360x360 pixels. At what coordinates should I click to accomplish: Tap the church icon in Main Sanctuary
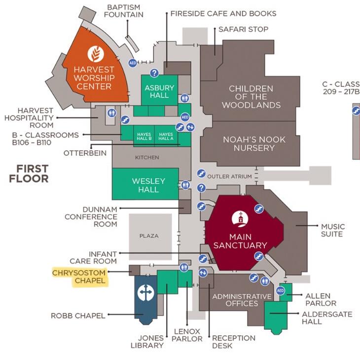(x=240, y=219)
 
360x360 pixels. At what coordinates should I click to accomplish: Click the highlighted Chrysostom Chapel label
(x=79, y=277)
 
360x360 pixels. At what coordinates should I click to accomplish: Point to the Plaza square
(x=149, y=237)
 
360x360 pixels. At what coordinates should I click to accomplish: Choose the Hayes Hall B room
(x=144, y=136)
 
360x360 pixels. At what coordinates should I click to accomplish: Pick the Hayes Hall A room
(x=166, y=136)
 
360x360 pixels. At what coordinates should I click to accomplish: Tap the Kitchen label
(x=147, y=158)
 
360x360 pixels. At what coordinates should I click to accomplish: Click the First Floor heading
(x=29, y=173)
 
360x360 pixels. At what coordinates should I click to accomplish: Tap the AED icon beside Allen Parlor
(x=280, y=290)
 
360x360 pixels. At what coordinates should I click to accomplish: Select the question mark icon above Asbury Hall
(x=154, y=73)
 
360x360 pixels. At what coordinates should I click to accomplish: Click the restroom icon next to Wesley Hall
(x=185, y=184)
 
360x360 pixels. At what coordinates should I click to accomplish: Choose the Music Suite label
(x=332, y=230)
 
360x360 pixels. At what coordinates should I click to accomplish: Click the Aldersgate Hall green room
(x=275, y=315)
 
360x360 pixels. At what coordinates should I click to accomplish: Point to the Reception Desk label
(x=233, y=342)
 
